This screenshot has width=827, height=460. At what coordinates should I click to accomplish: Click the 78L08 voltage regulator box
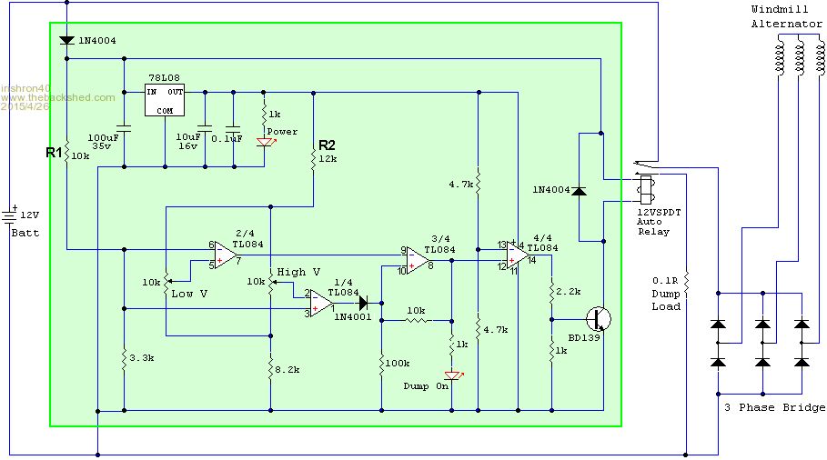[165, 100]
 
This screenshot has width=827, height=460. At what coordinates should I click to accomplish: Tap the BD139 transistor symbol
[600, 319]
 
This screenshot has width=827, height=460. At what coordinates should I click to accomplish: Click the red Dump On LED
[453, 375]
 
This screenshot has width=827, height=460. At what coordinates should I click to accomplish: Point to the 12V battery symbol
[10, 216]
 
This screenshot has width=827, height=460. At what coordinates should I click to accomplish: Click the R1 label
[54, 153]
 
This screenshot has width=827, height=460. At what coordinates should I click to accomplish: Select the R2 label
[327, 145]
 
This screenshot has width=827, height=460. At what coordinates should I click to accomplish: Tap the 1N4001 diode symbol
[363, 303]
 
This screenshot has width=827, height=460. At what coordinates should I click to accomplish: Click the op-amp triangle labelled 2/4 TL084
[227, 255]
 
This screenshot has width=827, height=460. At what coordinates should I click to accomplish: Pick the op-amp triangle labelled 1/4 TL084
[321, 304]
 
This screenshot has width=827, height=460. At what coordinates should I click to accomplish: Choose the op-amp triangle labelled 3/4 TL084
[418, 260]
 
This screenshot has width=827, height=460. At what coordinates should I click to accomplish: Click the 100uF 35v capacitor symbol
[125, 128]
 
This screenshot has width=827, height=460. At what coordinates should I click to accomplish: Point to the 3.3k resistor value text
[141, 358]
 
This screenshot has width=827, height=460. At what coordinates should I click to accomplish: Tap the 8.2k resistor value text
[287, 370]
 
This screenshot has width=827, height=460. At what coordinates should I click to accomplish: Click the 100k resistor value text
[398, 363]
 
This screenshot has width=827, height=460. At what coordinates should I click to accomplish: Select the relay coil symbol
[645, 190]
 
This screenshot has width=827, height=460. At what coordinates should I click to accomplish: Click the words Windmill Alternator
[786, 16]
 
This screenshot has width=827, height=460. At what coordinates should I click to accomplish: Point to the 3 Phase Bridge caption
[774, 407]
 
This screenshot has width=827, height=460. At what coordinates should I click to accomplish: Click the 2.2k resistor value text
[569, 292]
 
